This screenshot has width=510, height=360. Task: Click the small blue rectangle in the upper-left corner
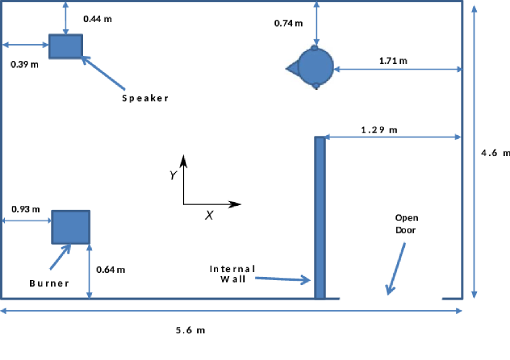(66, 46)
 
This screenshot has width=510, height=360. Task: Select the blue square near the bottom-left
(71, 227)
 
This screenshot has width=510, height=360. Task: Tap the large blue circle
(316, 67)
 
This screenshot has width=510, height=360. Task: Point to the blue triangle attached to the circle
(292, 68)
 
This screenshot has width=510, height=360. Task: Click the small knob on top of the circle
(315, 47)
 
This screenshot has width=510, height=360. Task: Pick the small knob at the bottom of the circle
(316, 85)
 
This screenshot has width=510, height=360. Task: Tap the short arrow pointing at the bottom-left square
(60, 257)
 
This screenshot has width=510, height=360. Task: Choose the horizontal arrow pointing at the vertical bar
(283, 279)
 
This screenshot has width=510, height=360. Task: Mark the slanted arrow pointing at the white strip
(396, 268)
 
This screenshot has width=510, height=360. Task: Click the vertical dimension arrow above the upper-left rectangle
(66, 18)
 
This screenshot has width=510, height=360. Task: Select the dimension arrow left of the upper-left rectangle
(25, 45)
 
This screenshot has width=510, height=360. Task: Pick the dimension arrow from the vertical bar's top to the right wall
(392, 137)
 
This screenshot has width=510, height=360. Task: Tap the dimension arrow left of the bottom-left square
(27, 221)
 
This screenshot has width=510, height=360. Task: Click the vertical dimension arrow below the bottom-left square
(89, 272)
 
